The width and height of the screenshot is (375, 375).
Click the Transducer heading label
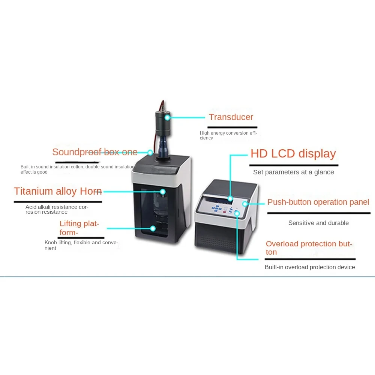pos(231,117)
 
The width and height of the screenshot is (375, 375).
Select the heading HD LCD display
pos(293,154)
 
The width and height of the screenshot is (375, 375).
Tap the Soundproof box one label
pos(94,152)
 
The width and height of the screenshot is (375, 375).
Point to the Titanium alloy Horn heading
pos(58,191)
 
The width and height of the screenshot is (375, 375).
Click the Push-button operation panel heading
pos(318,202)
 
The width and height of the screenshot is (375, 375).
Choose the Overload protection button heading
pos(309,248)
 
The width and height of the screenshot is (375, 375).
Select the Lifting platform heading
pos(79,228)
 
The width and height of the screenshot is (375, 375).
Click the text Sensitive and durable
pos(318,223)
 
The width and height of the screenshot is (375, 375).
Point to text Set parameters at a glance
pos(293,172)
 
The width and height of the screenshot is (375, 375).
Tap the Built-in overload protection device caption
pos(310,267)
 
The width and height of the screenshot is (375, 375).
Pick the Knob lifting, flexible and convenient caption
pos(81,245)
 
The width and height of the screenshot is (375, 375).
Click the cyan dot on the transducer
pos(167,117)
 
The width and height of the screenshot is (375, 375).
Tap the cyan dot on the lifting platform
pos(153,228)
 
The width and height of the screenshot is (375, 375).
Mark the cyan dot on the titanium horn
pos(163,192)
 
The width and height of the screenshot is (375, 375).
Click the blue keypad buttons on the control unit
pos(217,208)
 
